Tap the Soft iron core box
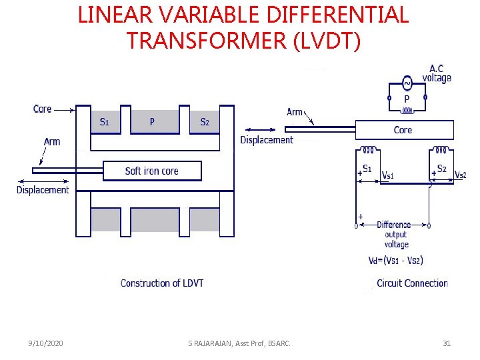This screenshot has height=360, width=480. coord(151,171)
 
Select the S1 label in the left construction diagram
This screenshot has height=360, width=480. coord(105,122)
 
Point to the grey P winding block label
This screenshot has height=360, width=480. coord(153,121)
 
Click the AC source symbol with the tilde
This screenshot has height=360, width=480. coord(407,83)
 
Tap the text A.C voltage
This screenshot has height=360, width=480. coord(437,73)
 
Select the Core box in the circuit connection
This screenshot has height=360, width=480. coord(404,130)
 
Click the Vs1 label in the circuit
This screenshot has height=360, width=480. coord(388,175)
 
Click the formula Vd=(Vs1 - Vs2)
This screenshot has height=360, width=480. coord(395,261)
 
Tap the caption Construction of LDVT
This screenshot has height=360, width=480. coord(162,283)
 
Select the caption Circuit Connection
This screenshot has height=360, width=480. coord(412,283)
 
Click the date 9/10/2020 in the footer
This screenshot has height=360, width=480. coord(46,343)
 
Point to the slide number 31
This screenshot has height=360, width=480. coord(447,343)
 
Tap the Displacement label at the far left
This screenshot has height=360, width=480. coord(43,190)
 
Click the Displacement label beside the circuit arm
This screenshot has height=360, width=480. coord(267,140)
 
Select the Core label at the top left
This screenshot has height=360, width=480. coord(42,109)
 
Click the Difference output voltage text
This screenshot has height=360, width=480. coord(396,234)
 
